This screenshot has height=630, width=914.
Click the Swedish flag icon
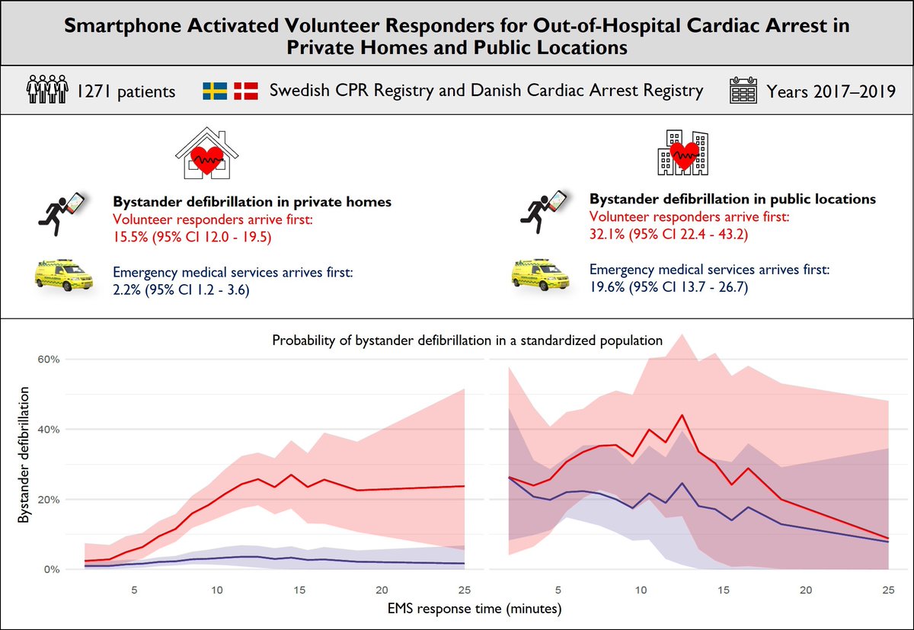tap(216, 91)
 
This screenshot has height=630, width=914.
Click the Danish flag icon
tap(247, 91)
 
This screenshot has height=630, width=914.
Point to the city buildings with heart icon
tap(682, 152)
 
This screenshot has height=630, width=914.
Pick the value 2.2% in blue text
tap(128, 289)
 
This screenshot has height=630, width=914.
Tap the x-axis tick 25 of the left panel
tap(464, 590)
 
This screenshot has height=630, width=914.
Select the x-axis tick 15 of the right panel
tap(724, 590)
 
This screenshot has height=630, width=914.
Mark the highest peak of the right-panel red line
tap(682, 415)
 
